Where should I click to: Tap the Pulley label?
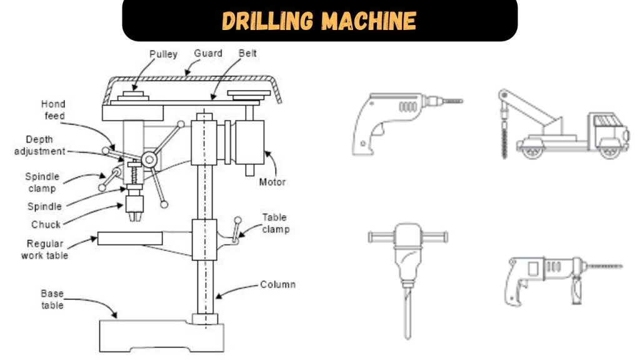click(163, 54)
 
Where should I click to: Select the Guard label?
click(207, 54)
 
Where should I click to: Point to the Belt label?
click(247, 54)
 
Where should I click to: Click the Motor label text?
click(272, 182)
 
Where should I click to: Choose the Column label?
click(277, 285)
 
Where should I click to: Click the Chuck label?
click(46, 224)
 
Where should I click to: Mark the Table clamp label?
click(275, 223)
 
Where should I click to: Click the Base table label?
click(52, 299)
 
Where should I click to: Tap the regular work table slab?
click(129, 238)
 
